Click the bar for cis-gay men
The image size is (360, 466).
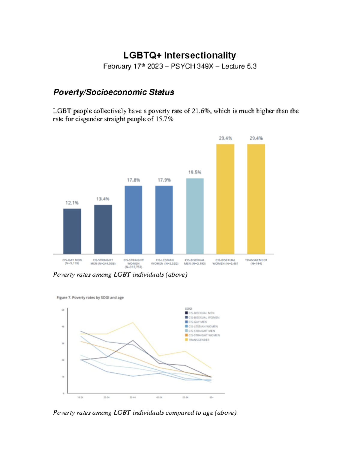pyautogui.click(x=72, y=231)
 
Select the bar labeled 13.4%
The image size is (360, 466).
pyautogui.click(x=103, y=230)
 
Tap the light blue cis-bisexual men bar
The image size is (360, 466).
pyautogui.click(x=195, y=216)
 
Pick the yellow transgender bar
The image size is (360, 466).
pyautogui.click(x=256, y=199)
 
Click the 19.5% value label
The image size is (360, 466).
pyautogui.click(x=195, y=173)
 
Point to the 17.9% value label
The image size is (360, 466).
pyautogui.click(x=164, y=180)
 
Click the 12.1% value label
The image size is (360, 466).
pyautogui.click(x=72, y=203)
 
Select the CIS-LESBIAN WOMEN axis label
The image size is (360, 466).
pyautogui.click(x=164, y=262)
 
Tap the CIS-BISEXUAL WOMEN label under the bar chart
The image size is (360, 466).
pyautogui.click(x=225, y=262)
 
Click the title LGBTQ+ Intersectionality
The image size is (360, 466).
pyautogui.click(x=180, y=55)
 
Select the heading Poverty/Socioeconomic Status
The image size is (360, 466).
pyautogui.click(x=114, y=92)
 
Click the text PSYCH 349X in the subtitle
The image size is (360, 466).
pyautogui.click(x=192, y=66)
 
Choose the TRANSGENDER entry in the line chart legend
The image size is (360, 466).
pyautogui.click(x=199, y=340)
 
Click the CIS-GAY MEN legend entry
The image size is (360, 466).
pyautogui.click(x=197, y=322)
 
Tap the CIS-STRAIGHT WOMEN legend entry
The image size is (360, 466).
pyautogui.click(x=204, y=335)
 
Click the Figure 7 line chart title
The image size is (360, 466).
pyautogui.click(x=90, y=298)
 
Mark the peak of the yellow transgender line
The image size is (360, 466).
pyautogui.click(x=133, y=323)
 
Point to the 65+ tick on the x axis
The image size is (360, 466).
pyautogui.click(x=211, y=397)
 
